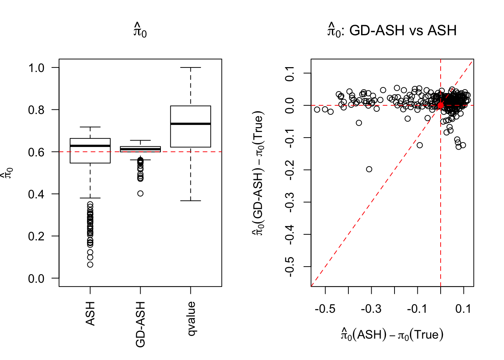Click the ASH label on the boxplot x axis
coord(90,313)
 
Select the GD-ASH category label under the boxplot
coord(140,324)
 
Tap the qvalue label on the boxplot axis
coord(191,318)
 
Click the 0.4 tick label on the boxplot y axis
coord(36,194)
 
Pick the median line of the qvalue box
coord(190,124)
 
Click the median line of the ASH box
coord(90,145)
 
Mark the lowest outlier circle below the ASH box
coord(90,265)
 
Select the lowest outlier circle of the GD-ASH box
coord(140,193)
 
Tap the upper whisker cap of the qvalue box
coord(190,67)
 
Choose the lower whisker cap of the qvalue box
coord(190,201)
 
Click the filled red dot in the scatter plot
coord(440,106)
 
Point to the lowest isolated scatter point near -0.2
coord(369,169)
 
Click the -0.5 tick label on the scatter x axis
coord(325,309)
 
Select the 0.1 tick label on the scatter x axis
coord(463,309)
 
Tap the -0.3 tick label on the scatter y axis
coord(289,202)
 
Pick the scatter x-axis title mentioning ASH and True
coord(392,334)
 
